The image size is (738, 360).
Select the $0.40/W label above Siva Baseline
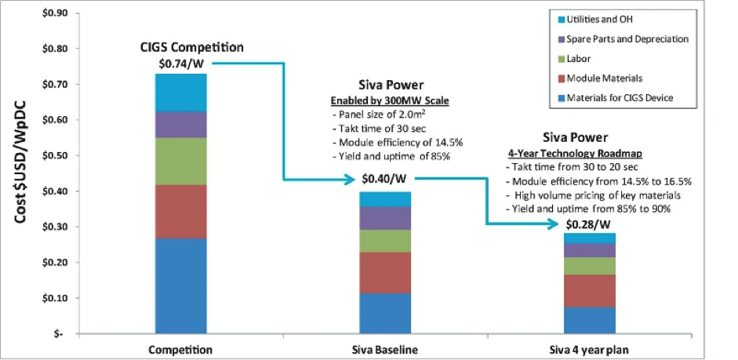[384, 180]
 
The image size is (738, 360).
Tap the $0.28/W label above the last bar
[588, 224]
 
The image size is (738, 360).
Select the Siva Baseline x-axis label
[384, 348]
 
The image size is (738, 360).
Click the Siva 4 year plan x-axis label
[588, 348]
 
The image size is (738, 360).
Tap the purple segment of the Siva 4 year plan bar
[588, 250]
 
